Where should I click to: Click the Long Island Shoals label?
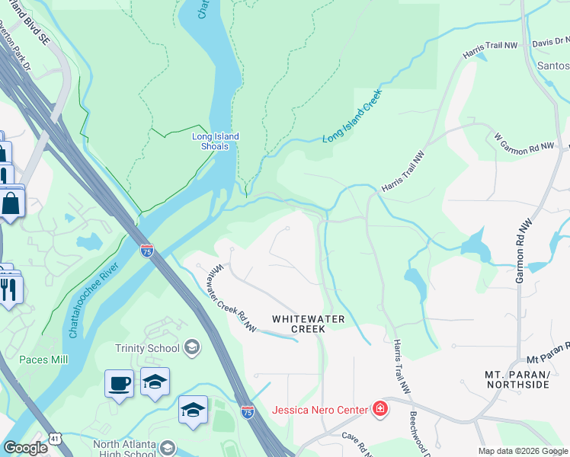[215, 141]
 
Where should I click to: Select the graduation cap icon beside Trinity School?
[191, 348]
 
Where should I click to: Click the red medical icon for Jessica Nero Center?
[379, 411]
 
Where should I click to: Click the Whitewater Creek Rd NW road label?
[232, 298]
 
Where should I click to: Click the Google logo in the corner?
[25, 448]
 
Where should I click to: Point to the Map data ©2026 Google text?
[523, 451]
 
